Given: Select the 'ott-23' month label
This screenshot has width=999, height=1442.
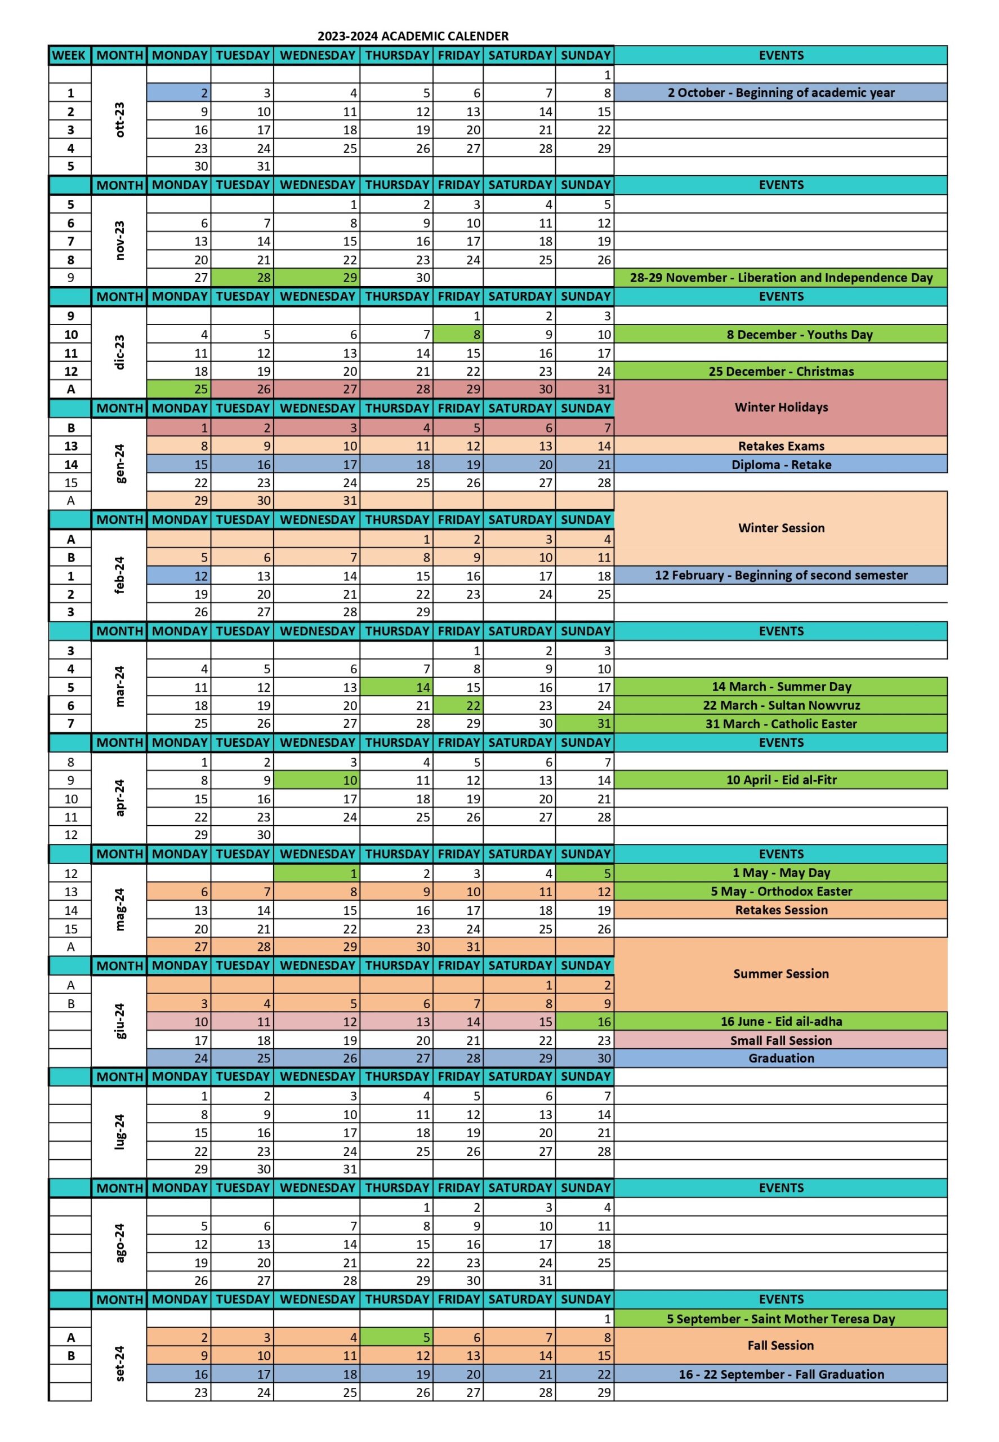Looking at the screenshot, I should click(x=119, y=119).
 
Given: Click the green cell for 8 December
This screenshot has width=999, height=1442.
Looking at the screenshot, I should click(x=458, y=335).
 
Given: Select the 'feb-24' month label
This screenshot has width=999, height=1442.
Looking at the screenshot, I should click(x=119, y=575).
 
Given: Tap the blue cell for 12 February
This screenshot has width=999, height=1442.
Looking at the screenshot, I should click(x=179, y=576).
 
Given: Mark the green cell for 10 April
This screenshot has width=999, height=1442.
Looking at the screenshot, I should click(x=316, y=780).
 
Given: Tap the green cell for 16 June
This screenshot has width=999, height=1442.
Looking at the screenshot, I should click(x=585, y=1022).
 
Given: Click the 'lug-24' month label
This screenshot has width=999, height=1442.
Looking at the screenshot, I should click(x=119, y=1132).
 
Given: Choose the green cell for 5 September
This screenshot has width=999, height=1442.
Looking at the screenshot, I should click(x=396, y=1337).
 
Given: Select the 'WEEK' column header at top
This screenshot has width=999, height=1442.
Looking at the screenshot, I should click(x=69, y=55).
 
